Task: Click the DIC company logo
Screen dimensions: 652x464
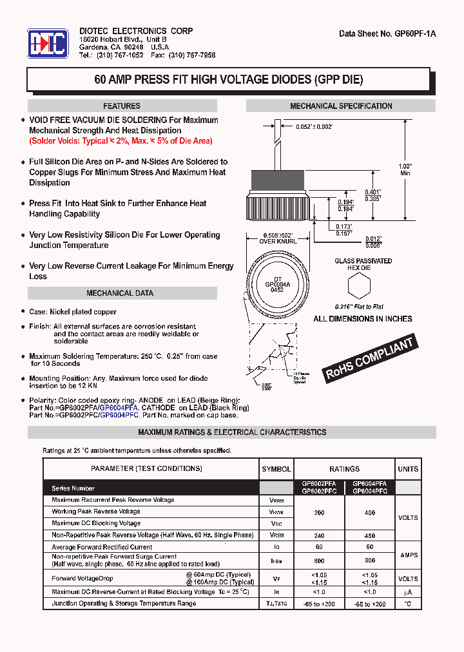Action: point(47,43)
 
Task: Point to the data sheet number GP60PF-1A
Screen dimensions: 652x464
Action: point(387,34)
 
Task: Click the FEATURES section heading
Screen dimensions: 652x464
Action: point(121,106)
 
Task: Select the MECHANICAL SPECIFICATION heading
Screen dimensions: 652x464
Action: point(341,106)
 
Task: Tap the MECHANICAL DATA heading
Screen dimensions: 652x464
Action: point(120,293)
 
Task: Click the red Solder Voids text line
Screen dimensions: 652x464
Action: point(121,140)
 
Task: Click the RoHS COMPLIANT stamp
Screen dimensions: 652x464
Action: point(369,360)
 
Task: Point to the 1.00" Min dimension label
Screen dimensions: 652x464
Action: point(405,169)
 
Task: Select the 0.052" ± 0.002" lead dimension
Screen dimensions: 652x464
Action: point(314,128)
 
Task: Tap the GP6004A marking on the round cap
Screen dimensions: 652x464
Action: point(278,283)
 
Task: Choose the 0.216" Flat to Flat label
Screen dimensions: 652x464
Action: point(359,307)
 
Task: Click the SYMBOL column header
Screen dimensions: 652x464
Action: point(276,469)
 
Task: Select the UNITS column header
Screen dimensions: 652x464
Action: point(407,469)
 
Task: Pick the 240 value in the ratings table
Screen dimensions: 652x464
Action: point(319,535)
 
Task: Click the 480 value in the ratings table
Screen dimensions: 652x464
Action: point(369,535)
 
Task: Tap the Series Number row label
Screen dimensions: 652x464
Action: point(73,488)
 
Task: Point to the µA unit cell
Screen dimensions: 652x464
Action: point(407,592)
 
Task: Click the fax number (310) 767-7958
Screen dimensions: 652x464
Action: point(192,55)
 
